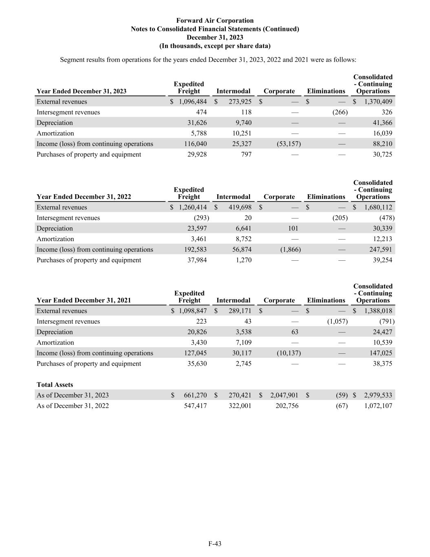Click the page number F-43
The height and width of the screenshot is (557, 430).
point(215,544)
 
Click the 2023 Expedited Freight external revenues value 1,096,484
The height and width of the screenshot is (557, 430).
point(192,102)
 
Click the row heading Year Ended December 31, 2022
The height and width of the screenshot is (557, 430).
point(84,197)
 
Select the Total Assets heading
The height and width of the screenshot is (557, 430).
point(55,384)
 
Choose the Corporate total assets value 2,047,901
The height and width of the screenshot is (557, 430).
point(284,395)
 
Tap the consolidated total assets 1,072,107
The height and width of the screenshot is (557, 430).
point(378,406)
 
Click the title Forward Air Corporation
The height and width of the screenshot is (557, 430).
point(215,20)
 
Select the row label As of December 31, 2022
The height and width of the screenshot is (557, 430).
point(73,406)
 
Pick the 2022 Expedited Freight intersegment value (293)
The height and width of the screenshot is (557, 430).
point(201,218)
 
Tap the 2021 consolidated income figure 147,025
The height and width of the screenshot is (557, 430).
point(381,353)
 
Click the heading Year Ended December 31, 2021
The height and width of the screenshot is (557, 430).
point(84,300)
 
